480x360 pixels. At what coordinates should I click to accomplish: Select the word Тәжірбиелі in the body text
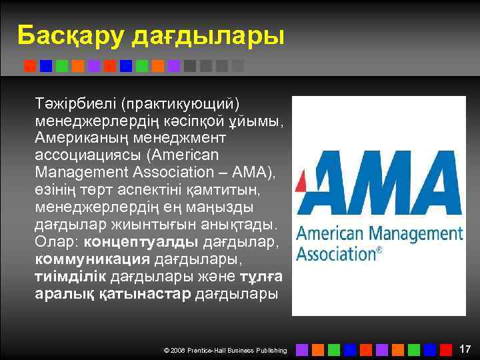point(76,104)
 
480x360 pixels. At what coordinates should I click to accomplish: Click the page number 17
point(465,349)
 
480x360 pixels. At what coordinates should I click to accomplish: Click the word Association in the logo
point(335,253)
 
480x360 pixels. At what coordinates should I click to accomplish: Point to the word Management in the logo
point(421,234)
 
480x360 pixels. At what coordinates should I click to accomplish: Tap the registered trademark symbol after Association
point(379,251)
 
